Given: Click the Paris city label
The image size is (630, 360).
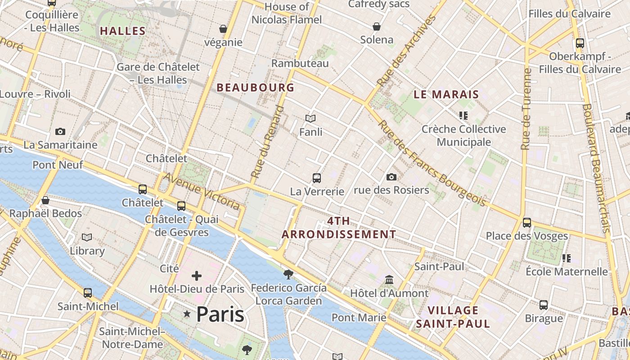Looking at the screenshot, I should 220,314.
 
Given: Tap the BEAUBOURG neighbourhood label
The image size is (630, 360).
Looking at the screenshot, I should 256,88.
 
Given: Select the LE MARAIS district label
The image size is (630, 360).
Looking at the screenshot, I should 446,94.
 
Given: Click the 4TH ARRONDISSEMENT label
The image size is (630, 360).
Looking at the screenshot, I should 339,228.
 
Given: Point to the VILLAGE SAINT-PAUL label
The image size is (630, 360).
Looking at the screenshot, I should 453,317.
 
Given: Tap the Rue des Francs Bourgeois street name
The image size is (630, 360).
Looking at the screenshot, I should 432,164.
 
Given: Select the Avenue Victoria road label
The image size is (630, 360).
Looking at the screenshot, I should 201,191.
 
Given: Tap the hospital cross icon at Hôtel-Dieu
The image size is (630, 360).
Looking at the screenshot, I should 197,275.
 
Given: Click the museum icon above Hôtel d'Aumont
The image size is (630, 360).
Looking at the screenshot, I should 389,280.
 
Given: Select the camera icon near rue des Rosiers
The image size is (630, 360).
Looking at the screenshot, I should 391,177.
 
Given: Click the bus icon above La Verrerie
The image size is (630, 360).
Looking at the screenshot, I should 317,178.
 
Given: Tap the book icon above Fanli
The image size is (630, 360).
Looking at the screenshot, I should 310,118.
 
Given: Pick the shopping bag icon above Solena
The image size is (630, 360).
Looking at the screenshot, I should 377,27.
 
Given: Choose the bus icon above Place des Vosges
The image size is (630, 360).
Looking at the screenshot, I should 527,222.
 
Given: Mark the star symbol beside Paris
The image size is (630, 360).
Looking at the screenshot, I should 187,314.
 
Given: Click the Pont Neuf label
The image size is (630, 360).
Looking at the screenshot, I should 58,165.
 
